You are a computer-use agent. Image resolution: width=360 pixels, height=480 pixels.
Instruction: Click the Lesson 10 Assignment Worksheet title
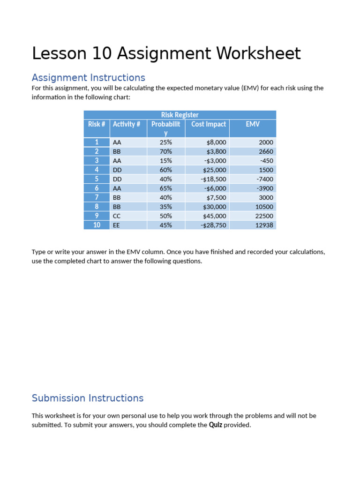coord(166,54)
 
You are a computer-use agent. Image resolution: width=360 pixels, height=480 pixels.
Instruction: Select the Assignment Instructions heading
coord(88,77)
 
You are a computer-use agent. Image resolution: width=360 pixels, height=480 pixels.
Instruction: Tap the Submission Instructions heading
coord(88,398)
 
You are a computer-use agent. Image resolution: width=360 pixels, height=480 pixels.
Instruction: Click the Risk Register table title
coord(180,115)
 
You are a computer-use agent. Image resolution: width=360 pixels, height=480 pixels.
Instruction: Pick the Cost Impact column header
coord(208,124)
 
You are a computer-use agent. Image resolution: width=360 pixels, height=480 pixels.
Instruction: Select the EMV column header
coord(253,124)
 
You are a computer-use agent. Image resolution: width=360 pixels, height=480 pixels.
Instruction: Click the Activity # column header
coord(127,124)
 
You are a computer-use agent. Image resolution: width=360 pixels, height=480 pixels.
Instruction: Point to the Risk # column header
coord(96,124)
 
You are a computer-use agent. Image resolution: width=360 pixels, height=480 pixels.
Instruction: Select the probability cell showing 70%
coord(165,151)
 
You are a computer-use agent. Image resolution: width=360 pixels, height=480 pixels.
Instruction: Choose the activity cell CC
coord(117,216)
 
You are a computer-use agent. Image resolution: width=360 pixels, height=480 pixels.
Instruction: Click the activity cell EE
coord(116,225)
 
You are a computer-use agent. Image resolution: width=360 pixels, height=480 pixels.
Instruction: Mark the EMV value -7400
coord(265,179)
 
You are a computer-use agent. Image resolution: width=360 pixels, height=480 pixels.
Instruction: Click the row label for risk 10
coord(97,225)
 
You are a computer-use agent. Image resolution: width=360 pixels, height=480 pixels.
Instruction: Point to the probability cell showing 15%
coord(165,161)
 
